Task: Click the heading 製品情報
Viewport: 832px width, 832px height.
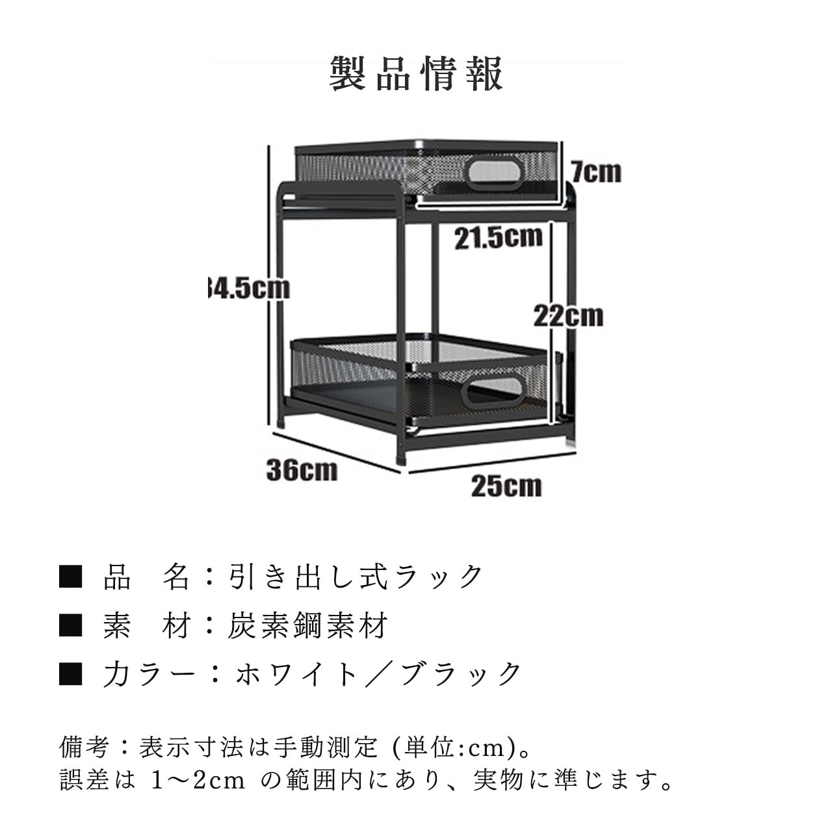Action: pyautogui.click(x=416, y=73)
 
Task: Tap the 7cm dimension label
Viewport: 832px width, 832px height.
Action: pyautogui.click(x=596, y=172)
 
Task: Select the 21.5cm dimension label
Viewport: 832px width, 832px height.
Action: pyautogui.click(x=498, y=237)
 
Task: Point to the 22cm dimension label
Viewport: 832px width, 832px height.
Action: pyautogui.click(x=568, y=316)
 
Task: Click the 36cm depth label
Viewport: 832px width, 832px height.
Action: pyautogui.click(x=302, y=469)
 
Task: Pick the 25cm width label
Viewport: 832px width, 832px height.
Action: pyautogui.click(x=506, y=485)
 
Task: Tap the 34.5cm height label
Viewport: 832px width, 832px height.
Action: pyautogui.click(x=247, y=287)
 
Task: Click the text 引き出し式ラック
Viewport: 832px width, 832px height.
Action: pyautogui.click(x=356, y=577)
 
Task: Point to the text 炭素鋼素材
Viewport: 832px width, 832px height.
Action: pyautogui.click(x=307, y=625)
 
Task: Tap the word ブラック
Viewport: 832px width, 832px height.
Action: pyautogui.click(x=461, y=674)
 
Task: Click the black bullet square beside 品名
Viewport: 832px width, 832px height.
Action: pyautogui.click(x=70, y=577)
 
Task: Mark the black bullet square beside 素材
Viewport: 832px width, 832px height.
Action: pyautogui.click(x=70, y=625)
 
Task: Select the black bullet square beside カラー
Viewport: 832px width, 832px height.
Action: pyautogui.click(x=70, y=674)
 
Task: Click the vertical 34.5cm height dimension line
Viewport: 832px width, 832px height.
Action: pyautogui.click(x=268, y=286)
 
